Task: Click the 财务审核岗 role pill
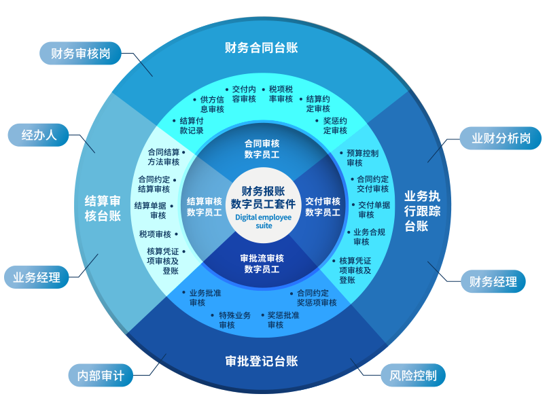click(x=80, y=54)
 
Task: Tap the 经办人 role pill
click(x=39, y=135)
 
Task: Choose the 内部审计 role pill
click(x=101, y=375)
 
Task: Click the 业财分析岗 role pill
click(x=501, y=139)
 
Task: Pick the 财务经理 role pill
click(x=493, y=281)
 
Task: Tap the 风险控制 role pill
click(x=413, y=375)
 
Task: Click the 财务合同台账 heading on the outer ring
click(x=262, y=48)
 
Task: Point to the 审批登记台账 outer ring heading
click(x=262, y=361)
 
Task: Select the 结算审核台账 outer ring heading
click(x=103, y=209)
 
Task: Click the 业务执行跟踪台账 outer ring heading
click(x=422, y=211)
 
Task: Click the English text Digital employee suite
click(x=264, y=221)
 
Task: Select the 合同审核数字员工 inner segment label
click(x=262, y=149)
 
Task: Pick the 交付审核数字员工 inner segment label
click(x=323, y=207)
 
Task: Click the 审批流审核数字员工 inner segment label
click(x=262, y=264)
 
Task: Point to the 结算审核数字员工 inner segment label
click(x=204, y=207)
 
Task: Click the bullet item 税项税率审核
click(x=281, y=94)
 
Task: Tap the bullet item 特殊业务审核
click(x=234, y=320)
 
